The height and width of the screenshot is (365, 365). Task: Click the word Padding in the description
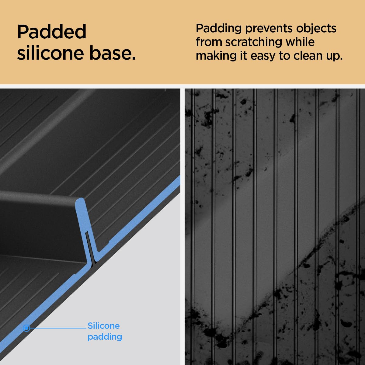point(219,29)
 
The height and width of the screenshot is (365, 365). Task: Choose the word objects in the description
point(316,28)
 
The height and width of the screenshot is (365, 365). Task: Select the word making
point(216,56)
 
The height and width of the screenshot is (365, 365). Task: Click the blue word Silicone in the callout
point(104,326)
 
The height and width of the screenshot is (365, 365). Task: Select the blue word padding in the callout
point(105,337)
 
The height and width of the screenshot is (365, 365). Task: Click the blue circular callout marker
point(26,328)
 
